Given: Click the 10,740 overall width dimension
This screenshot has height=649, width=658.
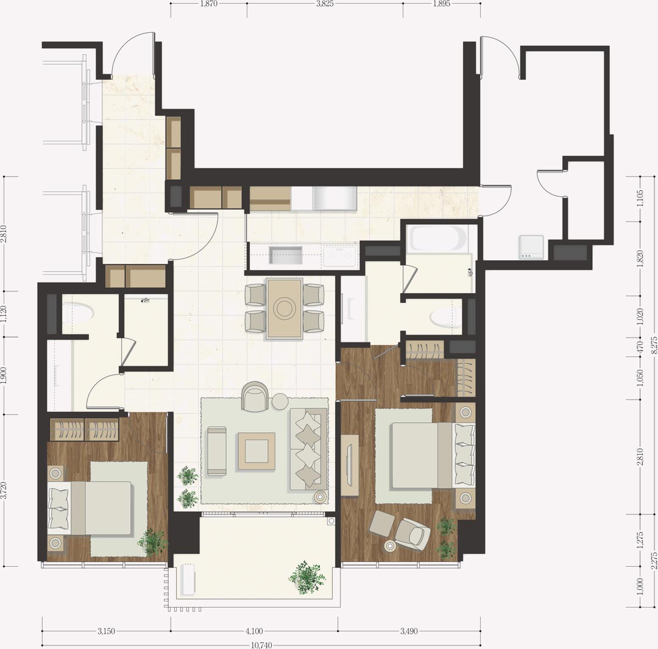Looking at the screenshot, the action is [261, 645].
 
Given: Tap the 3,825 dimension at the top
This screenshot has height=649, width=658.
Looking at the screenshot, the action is [325, 4].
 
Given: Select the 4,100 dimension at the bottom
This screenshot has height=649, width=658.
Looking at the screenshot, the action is [254, 631].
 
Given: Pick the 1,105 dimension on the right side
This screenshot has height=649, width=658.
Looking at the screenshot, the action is [640, 199].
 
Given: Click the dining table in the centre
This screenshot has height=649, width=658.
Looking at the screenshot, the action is [285, 308].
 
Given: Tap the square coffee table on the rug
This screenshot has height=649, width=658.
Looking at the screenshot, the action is [257, 452].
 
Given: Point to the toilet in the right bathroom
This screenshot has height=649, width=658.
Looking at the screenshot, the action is [445, 317].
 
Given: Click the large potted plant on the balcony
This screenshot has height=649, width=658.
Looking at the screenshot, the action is [306, 578].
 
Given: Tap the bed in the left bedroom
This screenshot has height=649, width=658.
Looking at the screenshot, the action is [91, 508].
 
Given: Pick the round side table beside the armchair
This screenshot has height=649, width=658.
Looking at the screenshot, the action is [280, 402].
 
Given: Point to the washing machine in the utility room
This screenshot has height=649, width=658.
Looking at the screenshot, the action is [531, 247].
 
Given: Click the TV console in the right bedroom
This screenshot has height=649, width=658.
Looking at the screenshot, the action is [350, 465].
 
